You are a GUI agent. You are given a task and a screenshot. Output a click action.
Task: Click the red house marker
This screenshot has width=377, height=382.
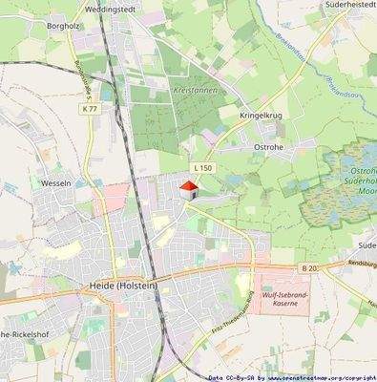click(189, 190)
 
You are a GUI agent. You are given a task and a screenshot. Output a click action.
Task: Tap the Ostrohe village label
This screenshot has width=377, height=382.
click(271, 146)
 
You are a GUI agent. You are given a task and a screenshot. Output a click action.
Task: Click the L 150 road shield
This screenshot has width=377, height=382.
click(199, 168)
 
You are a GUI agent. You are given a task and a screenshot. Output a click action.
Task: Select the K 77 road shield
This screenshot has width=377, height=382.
click(90, 110)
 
